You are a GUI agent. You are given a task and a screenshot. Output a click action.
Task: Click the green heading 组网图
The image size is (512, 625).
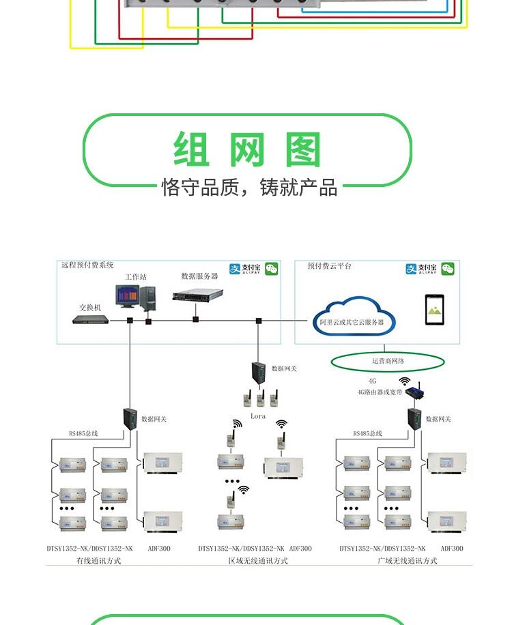(247, 150)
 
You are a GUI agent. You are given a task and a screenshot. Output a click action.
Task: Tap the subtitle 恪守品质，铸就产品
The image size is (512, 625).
(249, 188)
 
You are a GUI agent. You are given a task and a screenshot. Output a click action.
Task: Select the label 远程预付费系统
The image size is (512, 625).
(87, 265)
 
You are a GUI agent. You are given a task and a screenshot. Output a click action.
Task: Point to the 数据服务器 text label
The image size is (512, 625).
(199, 276)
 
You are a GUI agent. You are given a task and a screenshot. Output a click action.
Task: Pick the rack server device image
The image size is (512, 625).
(198, 296)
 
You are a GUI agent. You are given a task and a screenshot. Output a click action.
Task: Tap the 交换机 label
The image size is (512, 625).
(90, 308)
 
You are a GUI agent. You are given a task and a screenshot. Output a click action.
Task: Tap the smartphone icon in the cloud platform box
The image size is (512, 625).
(434, 310)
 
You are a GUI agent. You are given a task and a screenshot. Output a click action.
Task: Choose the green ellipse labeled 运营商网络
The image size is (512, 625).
(388, 361)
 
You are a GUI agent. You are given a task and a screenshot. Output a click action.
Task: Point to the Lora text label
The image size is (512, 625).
(258, 416)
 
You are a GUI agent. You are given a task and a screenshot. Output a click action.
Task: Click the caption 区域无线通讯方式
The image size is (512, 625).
(257, 561)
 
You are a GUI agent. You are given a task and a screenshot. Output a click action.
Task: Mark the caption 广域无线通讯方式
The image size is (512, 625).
(407, 561)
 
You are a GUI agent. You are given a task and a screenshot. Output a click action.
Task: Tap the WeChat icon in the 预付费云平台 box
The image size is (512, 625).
(448, 269)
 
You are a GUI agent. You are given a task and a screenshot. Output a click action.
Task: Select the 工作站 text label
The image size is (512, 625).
(135, 277)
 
